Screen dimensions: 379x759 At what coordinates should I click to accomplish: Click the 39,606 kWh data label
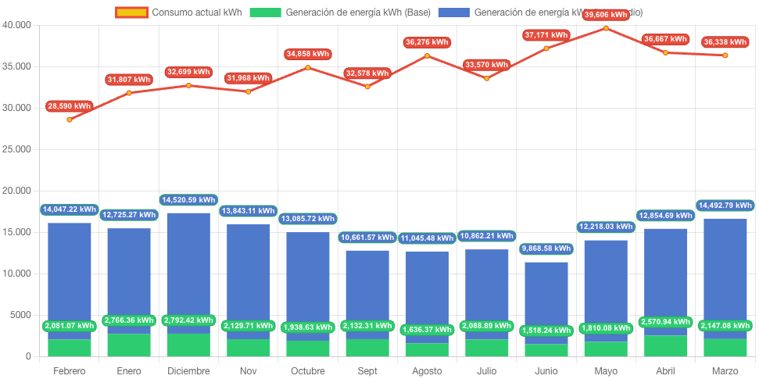pyautogui.click(x=606, y=15)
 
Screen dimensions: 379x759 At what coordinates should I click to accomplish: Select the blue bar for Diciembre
pyautogui.click(x=188, y=266)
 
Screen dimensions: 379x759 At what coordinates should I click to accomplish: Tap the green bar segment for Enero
pyautogui.click(x=129, y=345)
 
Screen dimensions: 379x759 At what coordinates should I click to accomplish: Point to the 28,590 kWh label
pyautogui.click(x=69, y=105)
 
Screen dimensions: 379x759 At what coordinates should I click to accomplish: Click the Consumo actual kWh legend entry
pyautogui.click(x=179, y=13)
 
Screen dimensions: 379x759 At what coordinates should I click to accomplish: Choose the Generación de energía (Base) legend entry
pyautogui.click(x=340, y=13)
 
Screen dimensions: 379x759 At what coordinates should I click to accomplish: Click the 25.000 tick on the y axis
pyautogui.click(x=16, y=149)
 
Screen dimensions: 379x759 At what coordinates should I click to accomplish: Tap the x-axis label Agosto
pyautogui.click(x=427, y=370)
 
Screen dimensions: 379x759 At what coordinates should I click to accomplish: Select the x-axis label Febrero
pyautogui.click(x=69, y=370)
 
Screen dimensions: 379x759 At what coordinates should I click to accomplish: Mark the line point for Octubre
pyautogui.click(x=308, y=67)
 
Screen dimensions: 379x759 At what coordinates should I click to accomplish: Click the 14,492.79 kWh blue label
pyautogui.click(x=725, y=206)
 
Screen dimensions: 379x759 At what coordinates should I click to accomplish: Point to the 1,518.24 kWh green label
pyautogui.click(x=546, y=331)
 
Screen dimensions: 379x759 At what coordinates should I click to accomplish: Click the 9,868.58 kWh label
pyautogui.click(x=546, y=248)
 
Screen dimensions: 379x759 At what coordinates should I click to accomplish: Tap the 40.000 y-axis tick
pyautogui.click(x=16, y=25)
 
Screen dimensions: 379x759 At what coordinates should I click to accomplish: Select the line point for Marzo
pyautogui.click(x=725, y=55)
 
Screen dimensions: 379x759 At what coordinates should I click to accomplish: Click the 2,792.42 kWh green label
pyautogui.click(x=188, y=320)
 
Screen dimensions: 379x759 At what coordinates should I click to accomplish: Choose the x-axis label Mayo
pyautogui.click(x=606, y=370)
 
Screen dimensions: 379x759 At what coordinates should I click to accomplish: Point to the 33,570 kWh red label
pyautogui.click(x=486, y=65)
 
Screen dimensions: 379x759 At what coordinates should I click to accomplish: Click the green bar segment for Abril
pyautogui.click(x=666, y=346)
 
